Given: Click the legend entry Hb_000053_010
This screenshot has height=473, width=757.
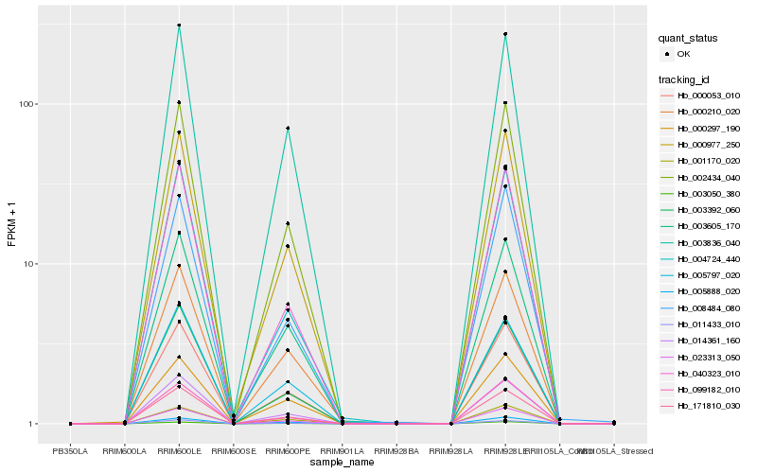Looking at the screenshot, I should coord(707,96).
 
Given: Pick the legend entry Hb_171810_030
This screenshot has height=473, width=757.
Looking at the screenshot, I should coord(707,405).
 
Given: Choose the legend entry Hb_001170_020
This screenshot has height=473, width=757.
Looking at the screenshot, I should coord(707,161).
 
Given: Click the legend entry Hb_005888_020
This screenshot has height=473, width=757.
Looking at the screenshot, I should coord(707,291).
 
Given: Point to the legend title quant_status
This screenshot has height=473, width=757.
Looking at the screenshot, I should coord(688,39).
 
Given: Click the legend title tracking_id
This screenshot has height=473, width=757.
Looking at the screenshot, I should coord(686,79).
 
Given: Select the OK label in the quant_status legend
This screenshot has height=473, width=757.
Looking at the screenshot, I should coord(684,54).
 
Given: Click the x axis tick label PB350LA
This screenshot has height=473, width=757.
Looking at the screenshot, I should coord(71,449).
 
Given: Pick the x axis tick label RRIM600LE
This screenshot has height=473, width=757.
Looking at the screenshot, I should coord(179,449).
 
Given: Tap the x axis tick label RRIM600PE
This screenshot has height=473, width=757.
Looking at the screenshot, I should coord(288,449).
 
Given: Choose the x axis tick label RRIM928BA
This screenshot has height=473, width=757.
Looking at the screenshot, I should coord(396,449).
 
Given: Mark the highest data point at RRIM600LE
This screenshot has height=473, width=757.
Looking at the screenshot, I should coord(179,26).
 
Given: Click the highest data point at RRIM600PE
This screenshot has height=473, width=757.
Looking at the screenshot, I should coord(288,128).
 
